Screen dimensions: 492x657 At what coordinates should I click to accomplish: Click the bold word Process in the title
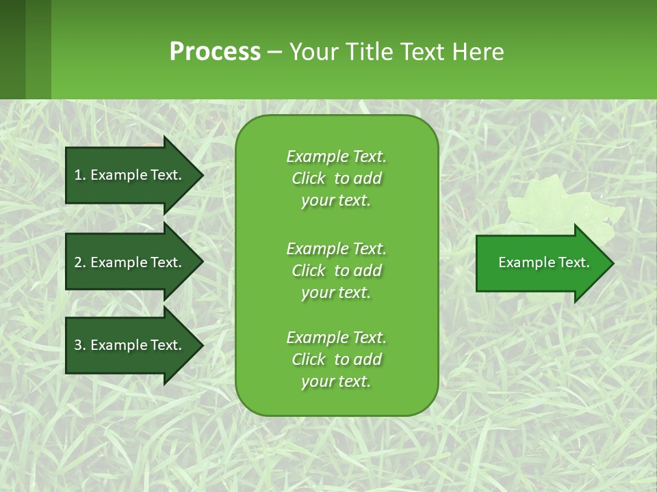[x=215, y=52]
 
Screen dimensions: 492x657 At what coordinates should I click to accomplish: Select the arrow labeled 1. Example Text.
[x=130, y=175]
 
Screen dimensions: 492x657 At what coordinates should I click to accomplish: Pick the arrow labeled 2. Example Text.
[x=130, y=262]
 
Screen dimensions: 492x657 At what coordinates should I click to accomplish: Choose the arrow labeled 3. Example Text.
[x=130, y=345]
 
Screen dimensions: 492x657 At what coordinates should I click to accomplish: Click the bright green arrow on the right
[x=541, y=263]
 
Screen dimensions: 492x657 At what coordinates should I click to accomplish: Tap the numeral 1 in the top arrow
[x=77, y=175]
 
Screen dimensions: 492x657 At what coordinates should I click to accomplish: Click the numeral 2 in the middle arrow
[x=78, y=262]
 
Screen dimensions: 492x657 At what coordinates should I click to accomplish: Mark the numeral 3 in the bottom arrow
[x=78, y=345]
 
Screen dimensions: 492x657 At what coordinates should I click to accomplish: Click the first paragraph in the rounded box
[x=336, y=178]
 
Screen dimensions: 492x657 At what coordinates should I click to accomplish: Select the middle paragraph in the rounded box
[x=336, y=271]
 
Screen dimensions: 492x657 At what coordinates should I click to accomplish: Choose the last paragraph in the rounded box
[x=336, y=359]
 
